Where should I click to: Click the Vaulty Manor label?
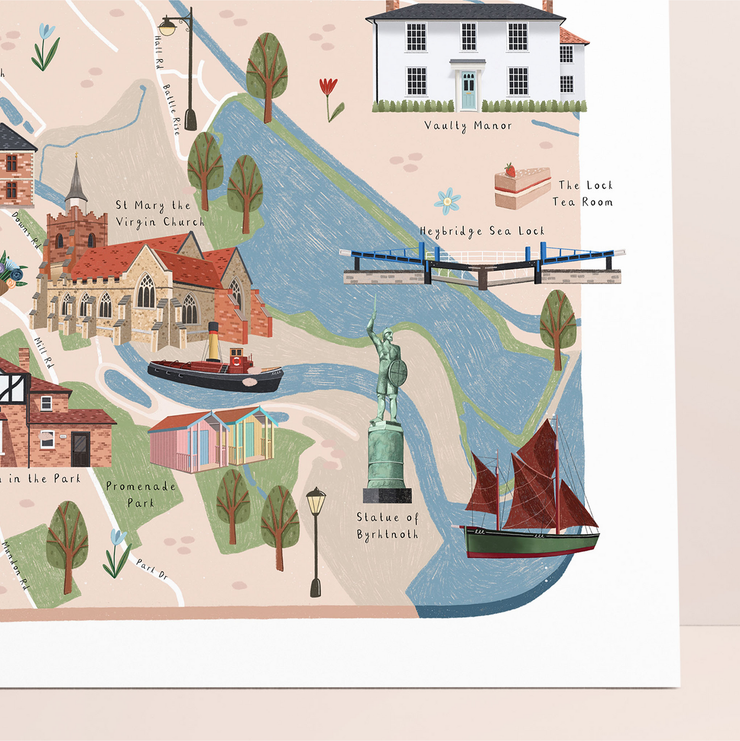[x=468, y=126]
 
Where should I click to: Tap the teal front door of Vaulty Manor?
[x=468, y=91]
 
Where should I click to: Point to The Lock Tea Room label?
[x=583, y=194]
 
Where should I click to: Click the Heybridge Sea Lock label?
[x=482, y=232]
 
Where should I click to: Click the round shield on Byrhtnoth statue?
[x=398, y=372]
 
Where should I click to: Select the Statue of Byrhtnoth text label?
[x=388, y=526]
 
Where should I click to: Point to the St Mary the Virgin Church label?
[x=159, y=214]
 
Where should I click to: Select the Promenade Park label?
[x=141, y=495]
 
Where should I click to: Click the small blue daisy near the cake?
[x=448, y=200]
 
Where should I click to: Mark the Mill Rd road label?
[x=44, y=353]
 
